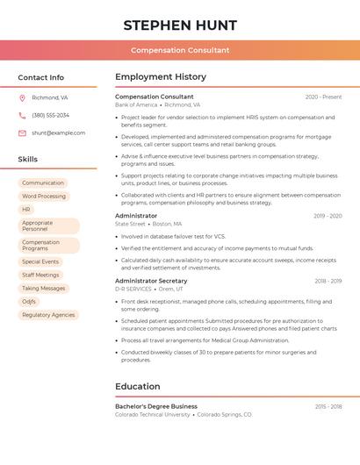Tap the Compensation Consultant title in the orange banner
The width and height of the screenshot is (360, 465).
click(x=180, y=51)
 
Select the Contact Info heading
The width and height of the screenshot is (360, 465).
click(x=41, y=77)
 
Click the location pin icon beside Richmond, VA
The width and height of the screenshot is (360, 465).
click(x=22, y=98)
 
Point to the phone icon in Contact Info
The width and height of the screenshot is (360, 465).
click(x=22, y=116)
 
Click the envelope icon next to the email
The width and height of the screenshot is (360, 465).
click(x=22, y=133)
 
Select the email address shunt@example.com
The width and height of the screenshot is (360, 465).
click(x=59, y=133)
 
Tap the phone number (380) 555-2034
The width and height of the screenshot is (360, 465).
click(x=51, y=116)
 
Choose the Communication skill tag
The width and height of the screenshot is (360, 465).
click(x=43, y=183)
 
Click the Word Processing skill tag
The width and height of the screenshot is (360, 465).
click(x=44, y=197)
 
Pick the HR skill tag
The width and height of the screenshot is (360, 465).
click(x=26, y=210)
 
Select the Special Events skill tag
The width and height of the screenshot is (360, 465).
click(x=40, y=261)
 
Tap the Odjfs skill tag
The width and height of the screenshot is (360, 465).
click(x=30, y=301)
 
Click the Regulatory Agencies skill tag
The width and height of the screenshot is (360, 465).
click(x=48, y=314)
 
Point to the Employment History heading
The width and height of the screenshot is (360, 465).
click(x=161, y=77)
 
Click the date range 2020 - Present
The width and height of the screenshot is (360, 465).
click(x=323, y=97)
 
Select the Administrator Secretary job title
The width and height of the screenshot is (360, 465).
click(x=151, y=281)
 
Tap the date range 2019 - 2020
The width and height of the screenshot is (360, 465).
click(x=328, y=215)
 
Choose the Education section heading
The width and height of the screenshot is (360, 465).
click(x=138, y=386)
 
